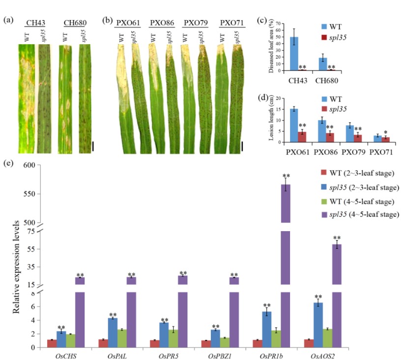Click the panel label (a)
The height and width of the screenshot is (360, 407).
pyautogui.click(x=8, y=21)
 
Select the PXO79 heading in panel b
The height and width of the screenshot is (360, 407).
pyautogui.click(x=193, y=22)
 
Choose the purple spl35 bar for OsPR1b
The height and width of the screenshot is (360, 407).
pyautogui.click(x=285, y=266)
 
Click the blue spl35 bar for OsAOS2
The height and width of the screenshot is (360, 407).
pyautogui.click(x=318, y=325)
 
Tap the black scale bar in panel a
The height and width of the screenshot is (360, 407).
pyautogui.click(x=93, y=147)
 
